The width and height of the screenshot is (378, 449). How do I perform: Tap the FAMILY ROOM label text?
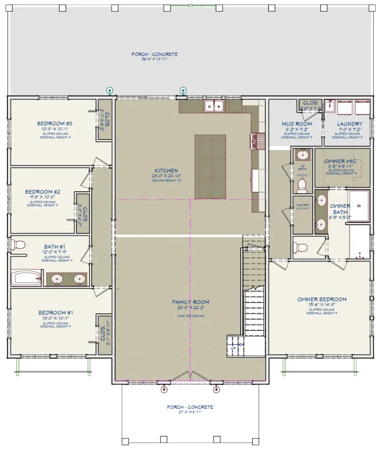tap(190, 302)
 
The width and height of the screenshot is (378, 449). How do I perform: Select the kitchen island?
tap(210, 167)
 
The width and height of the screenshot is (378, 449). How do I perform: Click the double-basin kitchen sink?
tap(214, 106)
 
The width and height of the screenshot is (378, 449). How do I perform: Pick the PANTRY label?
tap(302, 205)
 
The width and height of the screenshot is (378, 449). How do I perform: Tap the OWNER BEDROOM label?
tap(322, 299)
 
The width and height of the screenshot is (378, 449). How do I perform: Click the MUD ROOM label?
tap(297, 124)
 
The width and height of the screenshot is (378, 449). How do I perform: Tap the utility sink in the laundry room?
tap(330, 106)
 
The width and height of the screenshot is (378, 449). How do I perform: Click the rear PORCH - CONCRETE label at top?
tap(155, 55)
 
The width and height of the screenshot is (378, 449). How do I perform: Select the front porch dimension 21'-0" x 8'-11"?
tap(190, 412)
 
